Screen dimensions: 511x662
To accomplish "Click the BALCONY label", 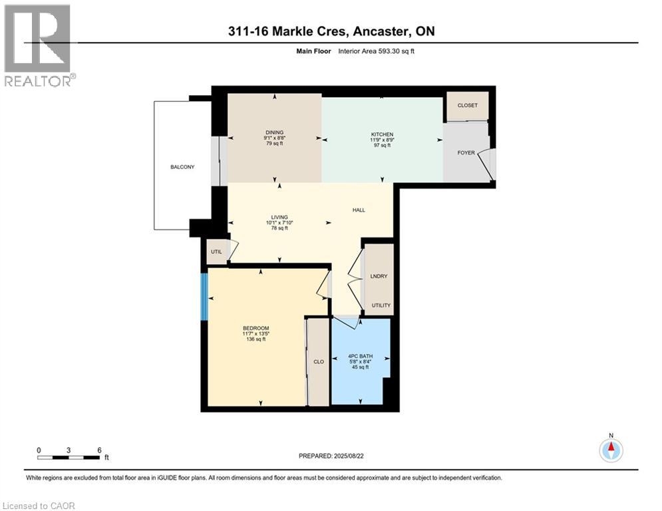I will (182, 167).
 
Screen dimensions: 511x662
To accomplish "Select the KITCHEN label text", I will (382, 134).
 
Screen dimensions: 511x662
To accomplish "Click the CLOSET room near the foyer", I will (466, 106).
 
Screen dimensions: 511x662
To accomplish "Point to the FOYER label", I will (466, 153).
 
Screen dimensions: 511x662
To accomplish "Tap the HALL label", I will (359, 210).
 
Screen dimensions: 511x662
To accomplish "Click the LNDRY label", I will (379, 276).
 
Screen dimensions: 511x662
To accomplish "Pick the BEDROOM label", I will (255, 328).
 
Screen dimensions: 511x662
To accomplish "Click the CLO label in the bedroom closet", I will (318, 362).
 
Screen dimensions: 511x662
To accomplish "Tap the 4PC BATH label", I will (361, 356).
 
